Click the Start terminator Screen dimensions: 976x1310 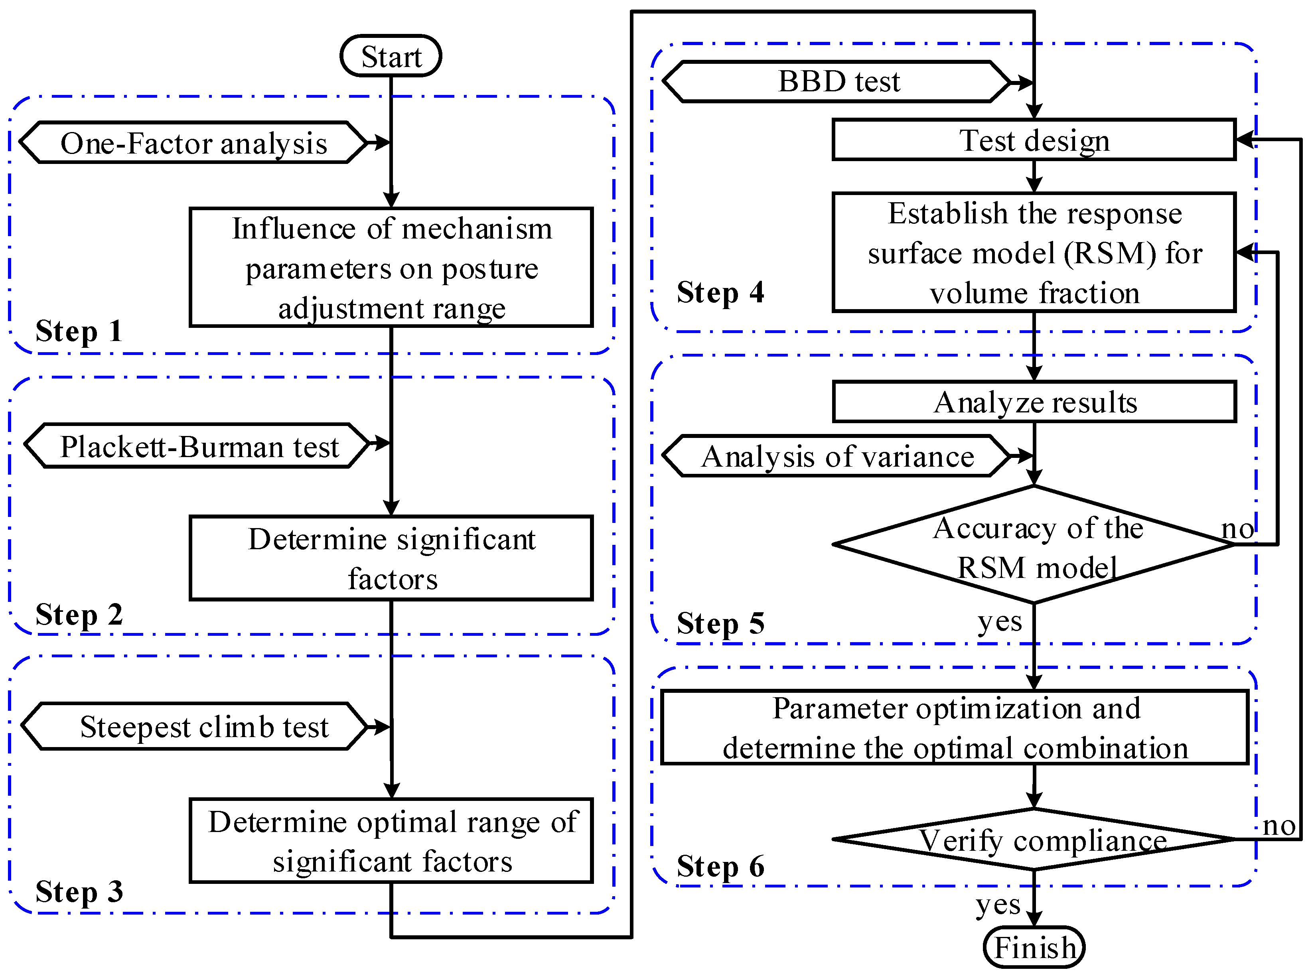tap(391, 57)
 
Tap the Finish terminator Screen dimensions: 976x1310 tap(1034, 948)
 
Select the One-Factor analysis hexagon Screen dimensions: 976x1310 tap(194, 143)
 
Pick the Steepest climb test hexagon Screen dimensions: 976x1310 tap(195, 727)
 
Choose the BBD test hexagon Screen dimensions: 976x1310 tap(837, 81)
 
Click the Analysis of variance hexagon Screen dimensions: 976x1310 tap(837, 456)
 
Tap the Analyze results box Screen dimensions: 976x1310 tap(1034, 402)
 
